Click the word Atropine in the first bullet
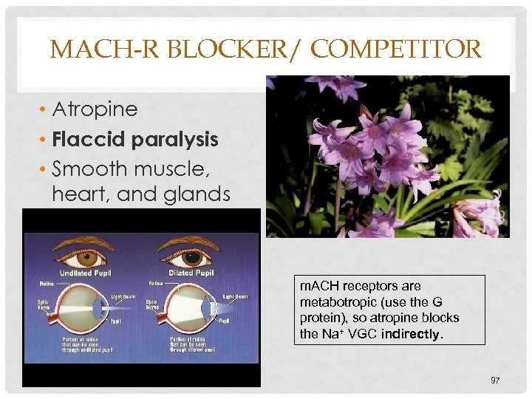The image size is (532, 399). coord(95,109)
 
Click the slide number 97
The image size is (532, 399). coord(495,380)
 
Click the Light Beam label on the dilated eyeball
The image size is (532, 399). coord(236,297)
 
